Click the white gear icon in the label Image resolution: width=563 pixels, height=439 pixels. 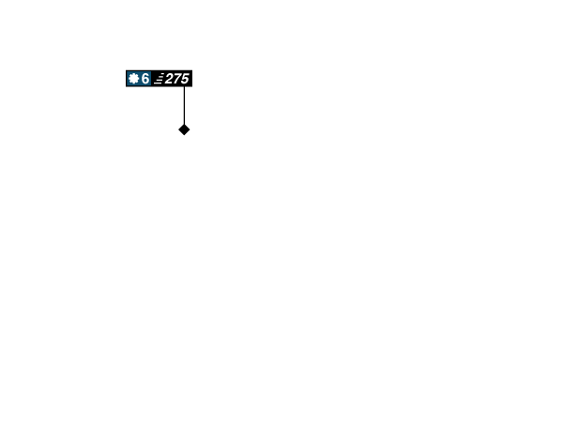pyautogui.click(x=133, y=79)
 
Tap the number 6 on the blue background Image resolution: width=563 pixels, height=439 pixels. pyautogui.click(x=145, y=79)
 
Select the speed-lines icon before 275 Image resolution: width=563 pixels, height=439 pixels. pyautogui.click(x=159, y=79)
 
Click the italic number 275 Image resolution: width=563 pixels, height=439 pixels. pyautogui.click(x=176, y=79)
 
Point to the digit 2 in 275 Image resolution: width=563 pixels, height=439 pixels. pyautogui.click(x=170, y=79)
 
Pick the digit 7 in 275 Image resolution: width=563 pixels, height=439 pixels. pyautogui.click(x=177, y=79)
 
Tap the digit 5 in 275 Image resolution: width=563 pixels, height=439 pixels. pyautogui.click(x=185, y=79)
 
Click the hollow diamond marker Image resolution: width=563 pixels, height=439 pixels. pyautogui.click(x=184, y=129)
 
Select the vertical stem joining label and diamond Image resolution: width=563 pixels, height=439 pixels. pyautogui.click(x=184, y=105)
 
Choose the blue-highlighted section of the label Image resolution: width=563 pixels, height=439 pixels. pyautogui.click(x=139, y=79)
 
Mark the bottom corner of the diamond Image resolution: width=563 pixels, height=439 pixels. pyautogui.click(x=184, y=137)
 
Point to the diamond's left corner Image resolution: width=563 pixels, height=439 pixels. pyautogui.click(x=176, y=129)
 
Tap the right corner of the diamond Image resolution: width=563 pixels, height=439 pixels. pyautogui.click(x=191, y=129)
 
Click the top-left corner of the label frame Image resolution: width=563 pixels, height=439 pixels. pyautogui.click(x=125, y=69)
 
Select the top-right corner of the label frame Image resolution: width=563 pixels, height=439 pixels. pyautogui.click(x=193, y=69)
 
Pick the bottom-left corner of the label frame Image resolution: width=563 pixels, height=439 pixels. pyautogui.click(x=125, y=87)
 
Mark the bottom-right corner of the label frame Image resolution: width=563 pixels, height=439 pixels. pyautogui.click(x=193, y=87)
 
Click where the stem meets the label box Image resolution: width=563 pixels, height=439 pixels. pyautogui.click(x=184, y=88)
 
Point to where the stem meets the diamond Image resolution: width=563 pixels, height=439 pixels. pyautogui.click(x=184, y=123)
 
